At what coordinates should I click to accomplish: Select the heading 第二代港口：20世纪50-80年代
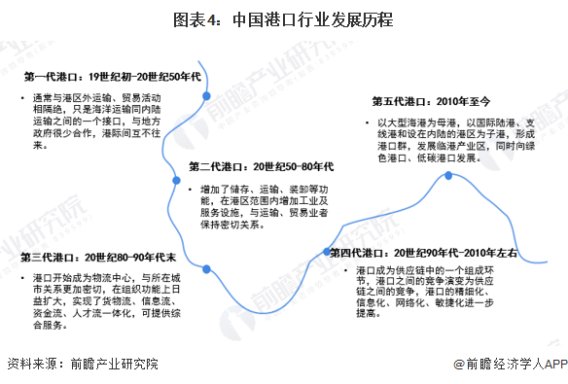(261, 165)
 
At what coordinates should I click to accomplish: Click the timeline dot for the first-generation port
(206, 94)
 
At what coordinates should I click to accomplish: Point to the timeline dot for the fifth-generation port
(448, 177)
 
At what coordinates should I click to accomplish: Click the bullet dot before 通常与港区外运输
(23, 99)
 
